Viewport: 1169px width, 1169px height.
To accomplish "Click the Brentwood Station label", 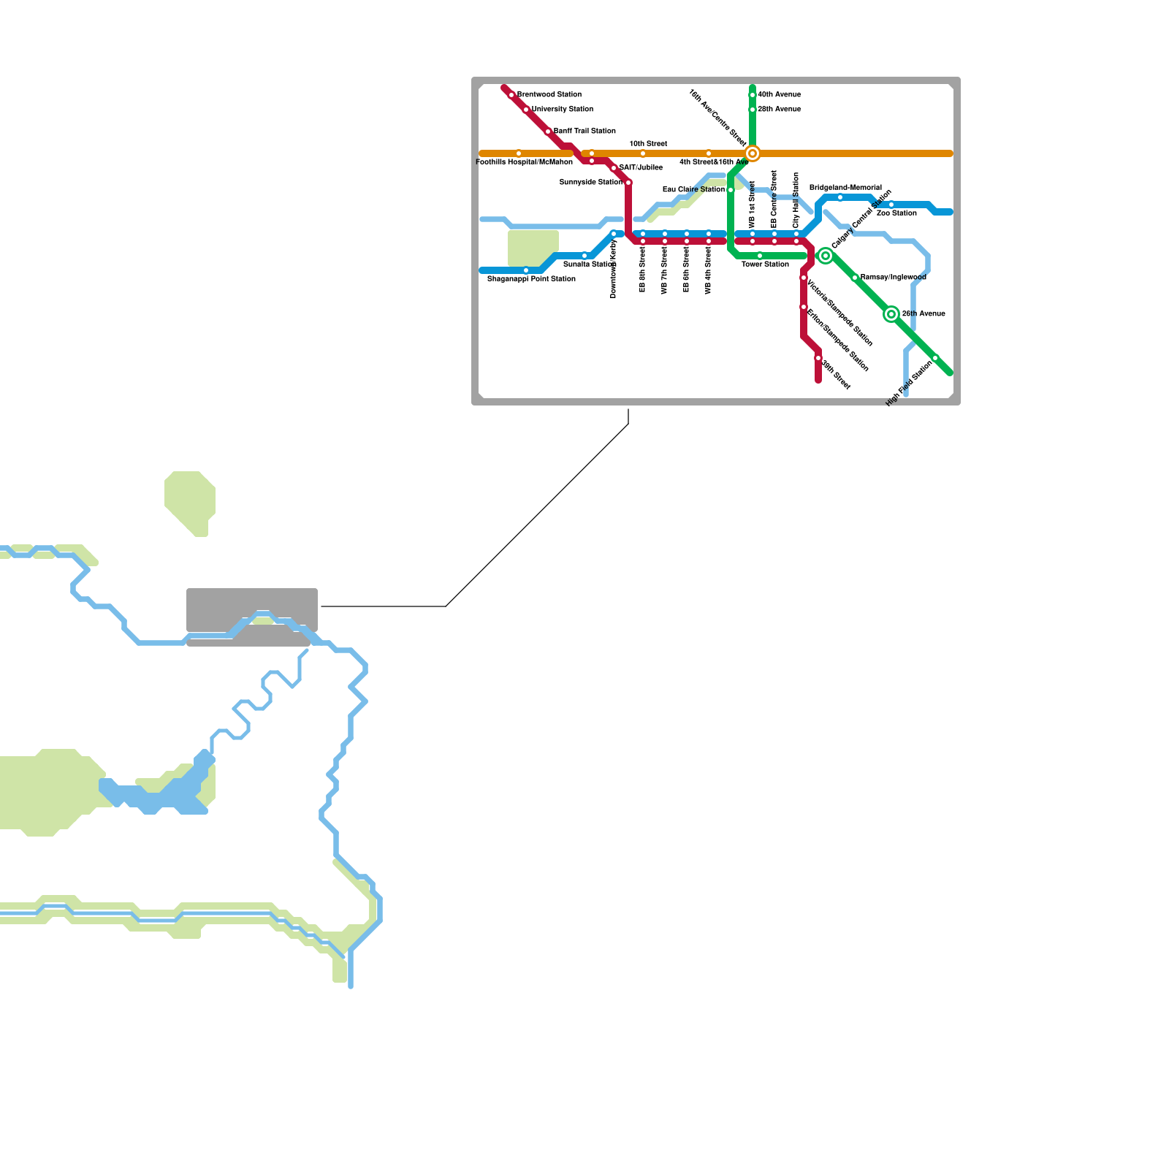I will click(x=549, y=95).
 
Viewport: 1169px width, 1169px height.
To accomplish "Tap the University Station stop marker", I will click(x=526, y=110).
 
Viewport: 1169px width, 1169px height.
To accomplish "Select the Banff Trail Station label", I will click(x=584, y=132).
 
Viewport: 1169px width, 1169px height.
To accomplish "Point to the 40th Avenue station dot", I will click(x=753, y=95).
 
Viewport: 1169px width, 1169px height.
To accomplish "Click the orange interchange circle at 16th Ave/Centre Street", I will click(x=753, y=153).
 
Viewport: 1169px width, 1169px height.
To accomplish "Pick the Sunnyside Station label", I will click(x=591, y=183).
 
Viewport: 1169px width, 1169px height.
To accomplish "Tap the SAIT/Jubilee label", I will click(x=641, y=168).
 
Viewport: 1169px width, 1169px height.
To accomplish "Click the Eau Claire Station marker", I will click(x=731, y=190).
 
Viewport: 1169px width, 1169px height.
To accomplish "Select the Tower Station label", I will click(x=765, y=264).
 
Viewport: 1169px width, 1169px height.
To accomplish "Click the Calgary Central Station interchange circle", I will click(x=826, y=256).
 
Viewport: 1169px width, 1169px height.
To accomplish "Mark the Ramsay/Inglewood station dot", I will click(x=855, y=278).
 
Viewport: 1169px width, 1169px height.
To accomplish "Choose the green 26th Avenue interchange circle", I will click(x=891, y=314).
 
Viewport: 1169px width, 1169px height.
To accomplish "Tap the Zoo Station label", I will click(x=896, y=213).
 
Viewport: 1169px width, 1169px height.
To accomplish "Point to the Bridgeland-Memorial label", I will click(x=845, y=188).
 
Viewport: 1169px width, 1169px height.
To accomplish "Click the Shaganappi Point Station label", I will click(x=531, y=279).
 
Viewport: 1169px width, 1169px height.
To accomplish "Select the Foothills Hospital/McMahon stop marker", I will click(x=519, y=153).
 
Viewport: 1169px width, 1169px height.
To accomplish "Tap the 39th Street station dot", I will click(x=818, y=358).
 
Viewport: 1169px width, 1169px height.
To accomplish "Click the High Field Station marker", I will click(x=935, y=358).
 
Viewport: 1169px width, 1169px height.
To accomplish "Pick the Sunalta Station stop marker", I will click(x=584, y=256).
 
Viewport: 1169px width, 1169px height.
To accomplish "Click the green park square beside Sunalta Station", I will click(x=533, y=248).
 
